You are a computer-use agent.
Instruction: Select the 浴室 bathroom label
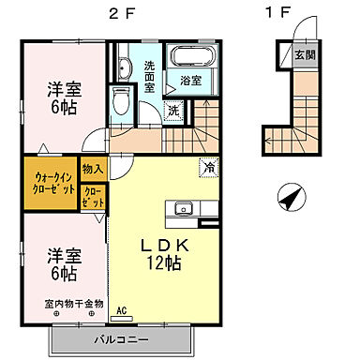(x=191, y=82)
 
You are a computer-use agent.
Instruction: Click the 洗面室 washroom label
(x=150, y=76)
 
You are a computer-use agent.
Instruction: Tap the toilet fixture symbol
(x=119, y=97)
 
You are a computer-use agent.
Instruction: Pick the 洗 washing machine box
(x=172, y=111)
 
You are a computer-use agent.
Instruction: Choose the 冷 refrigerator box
(x=207, y=169)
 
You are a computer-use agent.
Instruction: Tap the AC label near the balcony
(x=122, y=309)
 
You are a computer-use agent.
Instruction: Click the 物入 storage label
(x=93, y=169)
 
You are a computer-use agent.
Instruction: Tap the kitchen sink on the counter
(x=183, y=208)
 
